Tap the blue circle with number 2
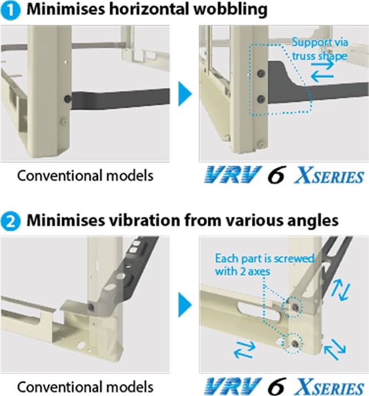coord(10,222)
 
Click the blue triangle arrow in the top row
coord(185,93)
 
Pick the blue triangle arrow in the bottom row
coord(185,305)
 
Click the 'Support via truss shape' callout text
coord(320,49)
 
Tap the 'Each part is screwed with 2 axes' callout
coord(264,265)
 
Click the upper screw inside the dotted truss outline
coord(261,73)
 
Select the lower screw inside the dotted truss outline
coord(261,99)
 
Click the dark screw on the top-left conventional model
coord(68,99)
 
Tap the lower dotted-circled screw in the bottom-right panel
coord(294,344)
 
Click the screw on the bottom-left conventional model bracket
coord(91,307)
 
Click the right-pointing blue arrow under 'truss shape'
coord(323,65)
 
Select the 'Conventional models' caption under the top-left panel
coord(85,175)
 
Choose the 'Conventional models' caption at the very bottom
coord(85,387)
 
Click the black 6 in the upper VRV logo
coord(276,175)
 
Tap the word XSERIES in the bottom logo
coord(329,387)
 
